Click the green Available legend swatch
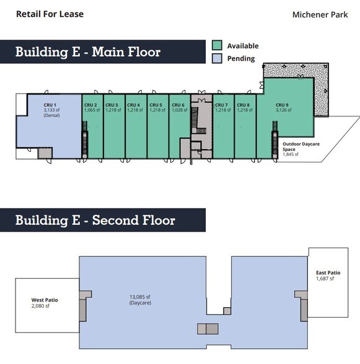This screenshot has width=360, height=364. click(x=217, y=46)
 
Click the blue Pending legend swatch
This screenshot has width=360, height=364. click(x=217, y=58)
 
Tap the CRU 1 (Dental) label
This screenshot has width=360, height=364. click(x=50, y=108)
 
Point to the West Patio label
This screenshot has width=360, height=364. click(x=45, y=303)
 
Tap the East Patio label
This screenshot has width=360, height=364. click(x=328, y=275)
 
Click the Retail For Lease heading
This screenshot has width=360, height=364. click(x=50, y=14)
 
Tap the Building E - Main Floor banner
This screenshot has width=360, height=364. click(x=88, y=52)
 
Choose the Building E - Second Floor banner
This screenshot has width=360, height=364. click(x=95, y=220)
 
